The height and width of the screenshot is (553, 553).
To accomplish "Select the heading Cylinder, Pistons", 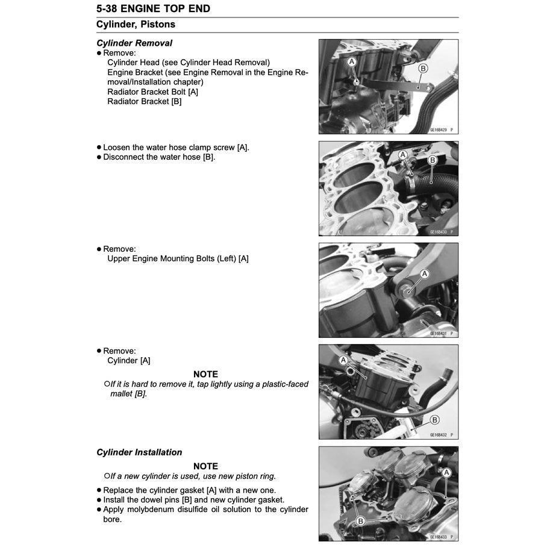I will coord(136,25).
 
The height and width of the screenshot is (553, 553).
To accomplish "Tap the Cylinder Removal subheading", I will coord(134,43).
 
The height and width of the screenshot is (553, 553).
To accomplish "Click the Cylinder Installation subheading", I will coord(139,452).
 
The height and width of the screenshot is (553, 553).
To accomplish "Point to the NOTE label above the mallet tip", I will coord(205,374).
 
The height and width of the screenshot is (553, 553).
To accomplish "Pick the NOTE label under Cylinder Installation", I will coord(205,466).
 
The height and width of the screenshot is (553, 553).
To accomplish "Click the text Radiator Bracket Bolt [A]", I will coord(152,92).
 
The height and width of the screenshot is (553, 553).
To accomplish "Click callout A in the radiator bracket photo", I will coord(352,61).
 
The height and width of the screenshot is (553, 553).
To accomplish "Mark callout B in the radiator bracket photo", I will coord(423,69).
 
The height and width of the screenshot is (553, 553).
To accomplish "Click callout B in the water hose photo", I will coord(432,160).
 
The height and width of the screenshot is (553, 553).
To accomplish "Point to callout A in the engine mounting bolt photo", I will coord(425,274).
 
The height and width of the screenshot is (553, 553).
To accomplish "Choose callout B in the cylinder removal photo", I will coord(434,420).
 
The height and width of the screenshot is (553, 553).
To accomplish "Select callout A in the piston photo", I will coord(446,473).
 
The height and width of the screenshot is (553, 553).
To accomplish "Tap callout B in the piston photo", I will coord(360,521).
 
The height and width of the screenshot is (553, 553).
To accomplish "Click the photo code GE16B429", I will coord(439,129).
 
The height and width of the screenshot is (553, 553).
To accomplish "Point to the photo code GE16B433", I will coord(439,536).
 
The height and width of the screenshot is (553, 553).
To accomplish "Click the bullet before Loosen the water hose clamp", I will coord(99,148).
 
